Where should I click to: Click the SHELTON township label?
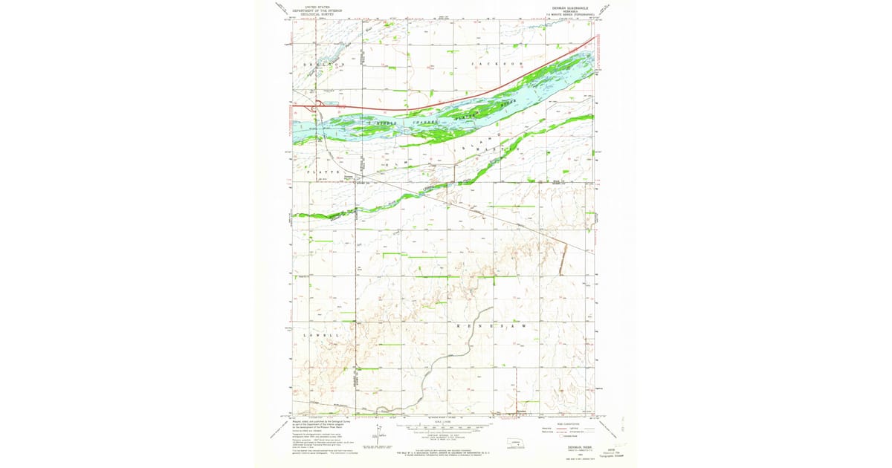point(323,65)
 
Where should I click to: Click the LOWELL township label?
point(322,335)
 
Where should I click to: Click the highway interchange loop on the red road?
point(318,106)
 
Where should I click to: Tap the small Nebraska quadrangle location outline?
point(517,443)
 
